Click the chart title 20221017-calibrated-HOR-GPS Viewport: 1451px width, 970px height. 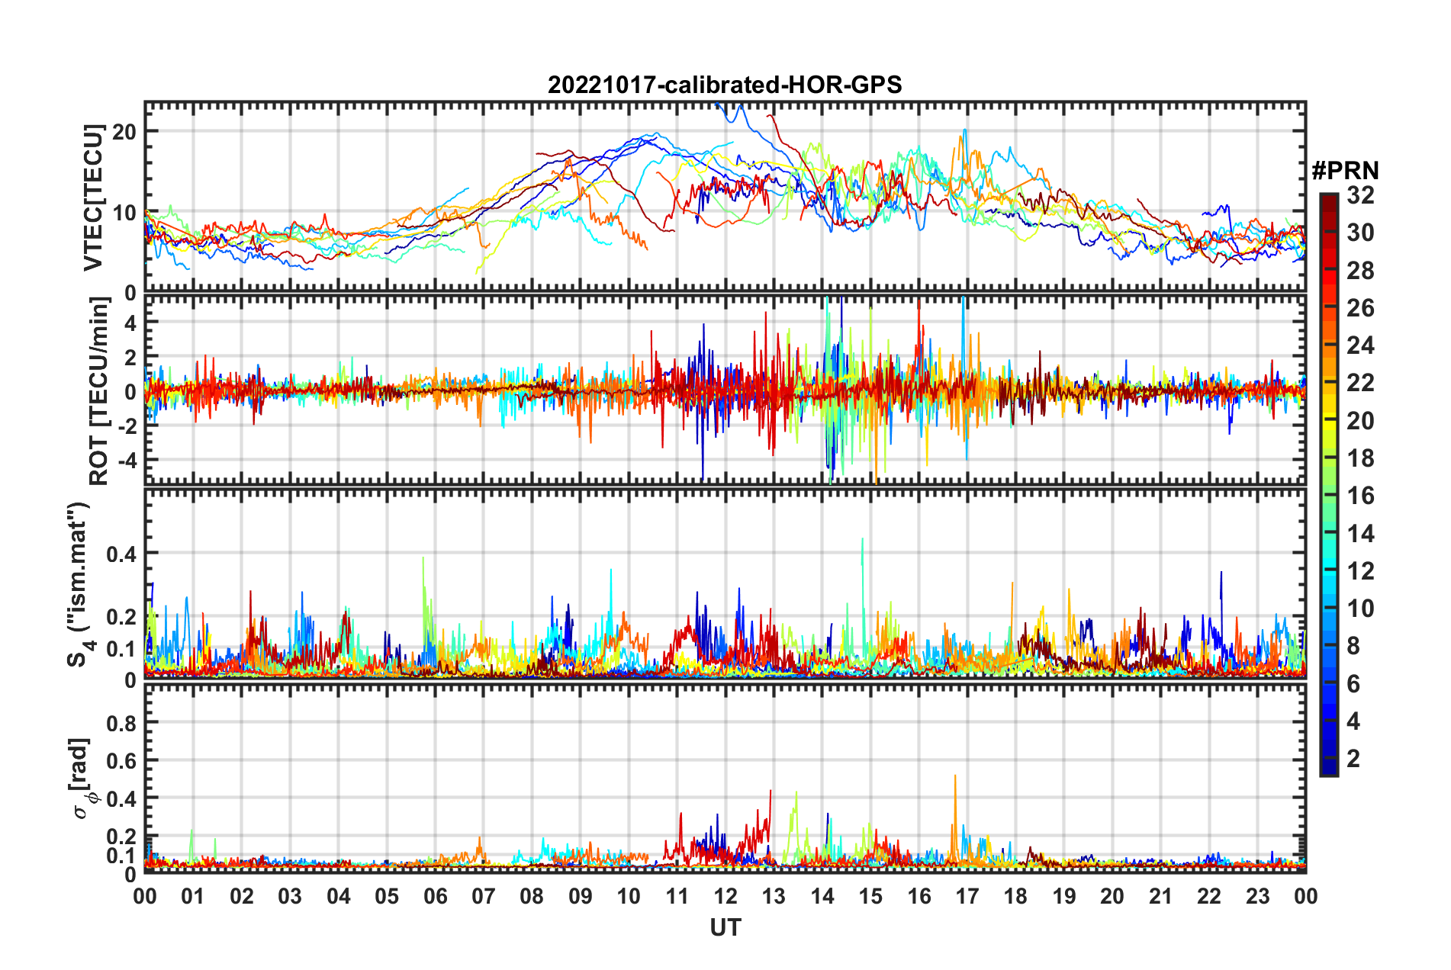coord(725,85)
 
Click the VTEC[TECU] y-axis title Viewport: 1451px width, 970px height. coord(93,198)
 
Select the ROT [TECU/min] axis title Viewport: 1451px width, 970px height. coord(99,391)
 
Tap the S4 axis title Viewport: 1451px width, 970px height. coord(78,584)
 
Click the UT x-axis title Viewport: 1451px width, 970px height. coord(725,927)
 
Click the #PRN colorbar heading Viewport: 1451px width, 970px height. coord(1345,171)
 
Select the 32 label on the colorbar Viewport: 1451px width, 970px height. coord(1360,195)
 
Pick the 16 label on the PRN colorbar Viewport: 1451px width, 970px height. coord(1360,496)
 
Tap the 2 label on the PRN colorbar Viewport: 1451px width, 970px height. coord(1354,758)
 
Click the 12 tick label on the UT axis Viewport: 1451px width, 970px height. coord(725,896)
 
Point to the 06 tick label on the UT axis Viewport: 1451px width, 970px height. coord(436,896)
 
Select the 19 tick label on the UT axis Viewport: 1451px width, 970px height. coord(1064,896)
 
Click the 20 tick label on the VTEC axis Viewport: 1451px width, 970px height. coord(124,131)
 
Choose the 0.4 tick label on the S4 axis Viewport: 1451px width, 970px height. coord(121,554)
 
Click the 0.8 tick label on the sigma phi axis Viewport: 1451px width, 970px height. coord(121,722)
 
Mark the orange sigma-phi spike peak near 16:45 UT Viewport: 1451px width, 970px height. coord(955,776)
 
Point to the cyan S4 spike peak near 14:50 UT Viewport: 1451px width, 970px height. coord(862,539)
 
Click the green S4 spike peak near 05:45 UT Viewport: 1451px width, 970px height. coord(423,557)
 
